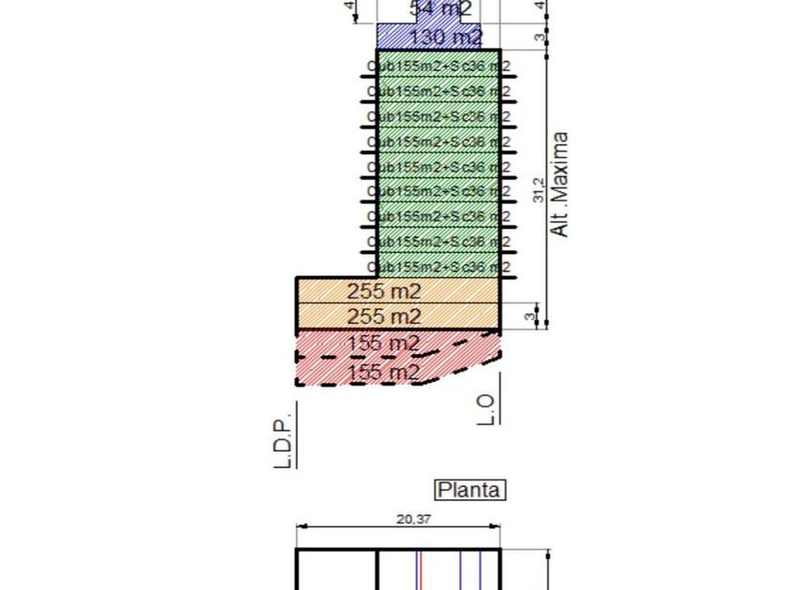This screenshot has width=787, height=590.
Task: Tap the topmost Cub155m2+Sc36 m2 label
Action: point(438,66)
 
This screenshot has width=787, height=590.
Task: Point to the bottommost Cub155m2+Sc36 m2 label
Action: point(438,267)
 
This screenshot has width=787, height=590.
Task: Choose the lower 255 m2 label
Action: point(384,317)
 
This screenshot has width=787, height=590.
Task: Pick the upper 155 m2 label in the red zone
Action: point(383,344)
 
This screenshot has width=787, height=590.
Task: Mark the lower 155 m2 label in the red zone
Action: point(383,373)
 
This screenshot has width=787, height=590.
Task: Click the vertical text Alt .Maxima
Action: point(559,184)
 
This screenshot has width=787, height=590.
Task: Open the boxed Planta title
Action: point(470,490)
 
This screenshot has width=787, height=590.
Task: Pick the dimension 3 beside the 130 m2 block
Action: point(539,37)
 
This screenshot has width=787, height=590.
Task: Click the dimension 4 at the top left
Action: point(350,7)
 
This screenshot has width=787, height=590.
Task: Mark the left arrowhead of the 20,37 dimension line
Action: point(300,527)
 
